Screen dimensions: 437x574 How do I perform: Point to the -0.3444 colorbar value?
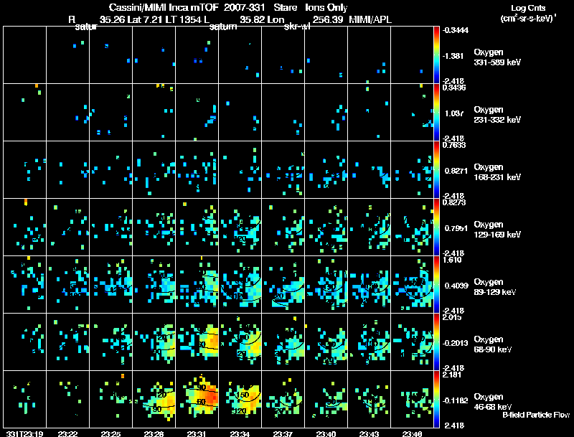455,30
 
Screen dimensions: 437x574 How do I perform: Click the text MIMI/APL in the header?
372,19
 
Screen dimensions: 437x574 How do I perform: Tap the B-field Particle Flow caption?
536,415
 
